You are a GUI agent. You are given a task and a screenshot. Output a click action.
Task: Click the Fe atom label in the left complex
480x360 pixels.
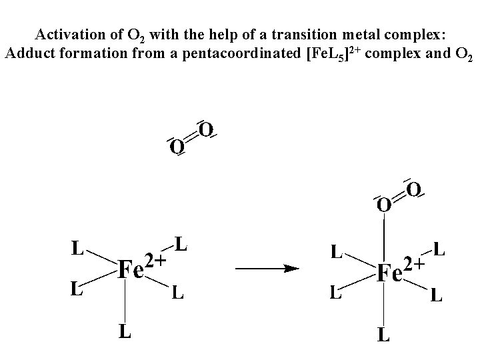click(x=131, y=271)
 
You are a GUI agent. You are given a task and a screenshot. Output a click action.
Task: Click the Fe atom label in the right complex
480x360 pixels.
click(x=391, y=273)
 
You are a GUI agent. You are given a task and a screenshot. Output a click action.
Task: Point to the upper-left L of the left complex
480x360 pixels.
click(x=78, y=249)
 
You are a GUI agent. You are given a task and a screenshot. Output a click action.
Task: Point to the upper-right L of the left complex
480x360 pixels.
click(x=180, y=245)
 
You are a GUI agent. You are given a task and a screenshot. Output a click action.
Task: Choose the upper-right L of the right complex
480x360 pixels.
click(x=439, y=250)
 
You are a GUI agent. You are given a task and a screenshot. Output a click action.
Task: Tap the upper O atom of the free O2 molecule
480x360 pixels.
click(x=206, y=129)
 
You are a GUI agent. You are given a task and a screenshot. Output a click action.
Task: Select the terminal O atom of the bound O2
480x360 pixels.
click(x=413, y=190)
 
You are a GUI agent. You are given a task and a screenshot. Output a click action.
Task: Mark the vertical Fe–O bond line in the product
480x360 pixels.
click(x=384, y=237)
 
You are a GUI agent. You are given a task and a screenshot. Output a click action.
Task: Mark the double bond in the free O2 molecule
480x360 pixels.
click(x=191, y=137)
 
